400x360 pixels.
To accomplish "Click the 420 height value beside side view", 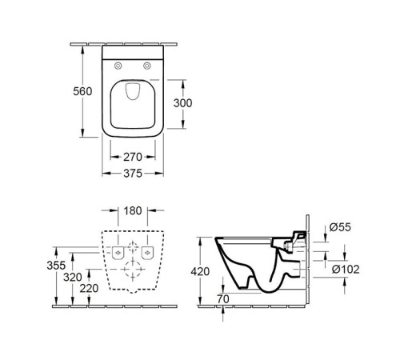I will (x=200, y=272).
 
